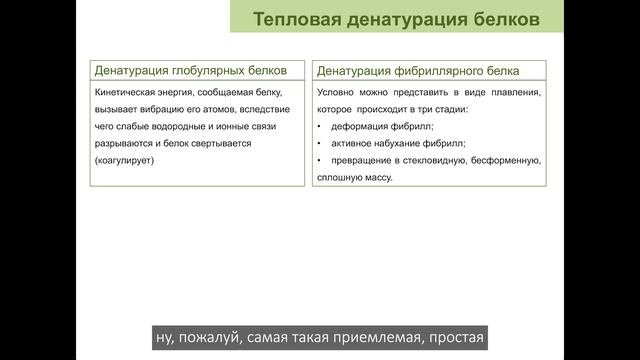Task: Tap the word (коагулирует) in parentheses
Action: (x=123, y=160)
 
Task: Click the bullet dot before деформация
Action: (x=318, y=126)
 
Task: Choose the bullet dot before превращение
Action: (x=318, y=160)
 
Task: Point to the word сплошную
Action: (x=340, y=177)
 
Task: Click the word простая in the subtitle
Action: (x=453, y=338)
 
